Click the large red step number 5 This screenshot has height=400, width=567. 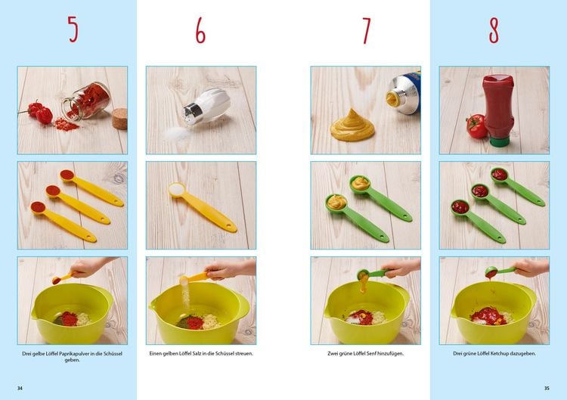[x=73, y=29]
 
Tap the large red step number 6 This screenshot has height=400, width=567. [x=200, y=29]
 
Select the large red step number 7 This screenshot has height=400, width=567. [x=366, y=29]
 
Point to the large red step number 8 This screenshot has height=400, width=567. [x=494, y=29]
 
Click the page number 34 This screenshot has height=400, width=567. [x=20, y=388]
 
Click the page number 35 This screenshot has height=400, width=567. [x=546, y=388]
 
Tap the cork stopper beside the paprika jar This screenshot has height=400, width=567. [x=119, y=119]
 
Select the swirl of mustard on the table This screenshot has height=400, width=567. [x=352, y=126]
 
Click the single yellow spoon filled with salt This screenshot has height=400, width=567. [x=200, y=203]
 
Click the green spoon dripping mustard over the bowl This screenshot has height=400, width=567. [x=370, y=274]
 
